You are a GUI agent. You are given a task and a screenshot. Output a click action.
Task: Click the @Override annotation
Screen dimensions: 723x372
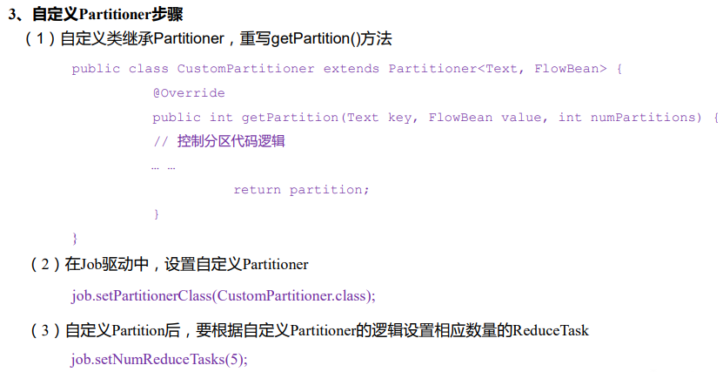pos(189,92)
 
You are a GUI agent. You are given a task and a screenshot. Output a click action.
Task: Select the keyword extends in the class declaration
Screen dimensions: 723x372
pos(351,68)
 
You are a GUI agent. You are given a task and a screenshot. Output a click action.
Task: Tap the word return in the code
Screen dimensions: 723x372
pos(258,189)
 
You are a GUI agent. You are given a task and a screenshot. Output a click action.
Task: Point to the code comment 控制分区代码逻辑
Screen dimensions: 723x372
pos(219,141)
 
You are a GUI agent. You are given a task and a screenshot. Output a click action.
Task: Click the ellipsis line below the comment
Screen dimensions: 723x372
pos(164,166)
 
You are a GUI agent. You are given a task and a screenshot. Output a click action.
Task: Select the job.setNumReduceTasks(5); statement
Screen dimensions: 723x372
pos(159,359)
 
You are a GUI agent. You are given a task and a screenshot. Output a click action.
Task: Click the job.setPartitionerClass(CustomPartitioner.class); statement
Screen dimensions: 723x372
pos(224,295)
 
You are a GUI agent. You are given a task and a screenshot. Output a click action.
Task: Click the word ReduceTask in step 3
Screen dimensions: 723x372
pos(551,330)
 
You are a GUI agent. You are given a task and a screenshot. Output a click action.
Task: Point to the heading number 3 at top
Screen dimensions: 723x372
pos(12,15)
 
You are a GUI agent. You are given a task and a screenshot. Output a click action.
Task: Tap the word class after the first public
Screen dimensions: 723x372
pos(148,68)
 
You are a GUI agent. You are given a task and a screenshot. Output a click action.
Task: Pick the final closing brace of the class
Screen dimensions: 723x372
pos(75,237)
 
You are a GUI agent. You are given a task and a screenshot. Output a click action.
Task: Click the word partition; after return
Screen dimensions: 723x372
pos(330,189)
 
